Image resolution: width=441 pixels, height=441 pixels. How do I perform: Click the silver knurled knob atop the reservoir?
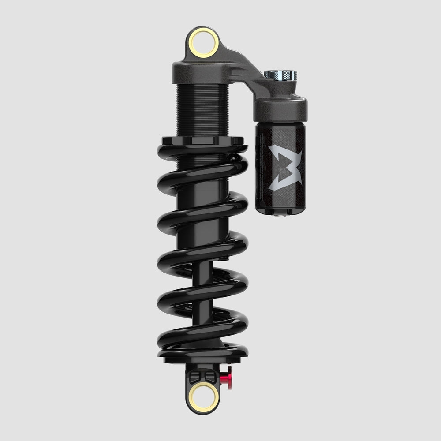coord(281,76)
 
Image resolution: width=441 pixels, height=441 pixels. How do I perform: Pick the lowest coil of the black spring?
coord(203,346)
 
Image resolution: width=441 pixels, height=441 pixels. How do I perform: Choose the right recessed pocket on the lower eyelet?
coord(209,376)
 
